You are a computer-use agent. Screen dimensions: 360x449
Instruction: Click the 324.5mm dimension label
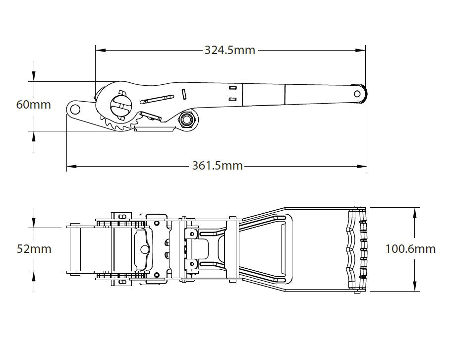229,50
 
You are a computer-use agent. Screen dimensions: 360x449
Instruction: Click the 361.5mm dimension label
218,166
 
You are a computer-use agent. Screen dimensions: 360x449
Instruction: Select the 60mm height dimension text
33,105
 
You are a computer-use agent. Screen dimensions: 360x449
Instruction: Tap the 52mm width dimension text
34,248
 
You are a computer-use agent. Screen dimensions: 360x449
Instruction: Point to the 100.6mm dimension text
410,248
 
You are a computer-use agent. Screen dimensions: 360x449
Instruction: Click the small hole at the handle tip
357,93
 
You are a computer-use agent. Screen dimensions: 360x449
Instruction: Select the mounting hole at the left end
74,109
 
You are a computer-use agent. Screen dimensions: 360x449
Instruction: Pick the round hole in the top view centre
144,249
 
